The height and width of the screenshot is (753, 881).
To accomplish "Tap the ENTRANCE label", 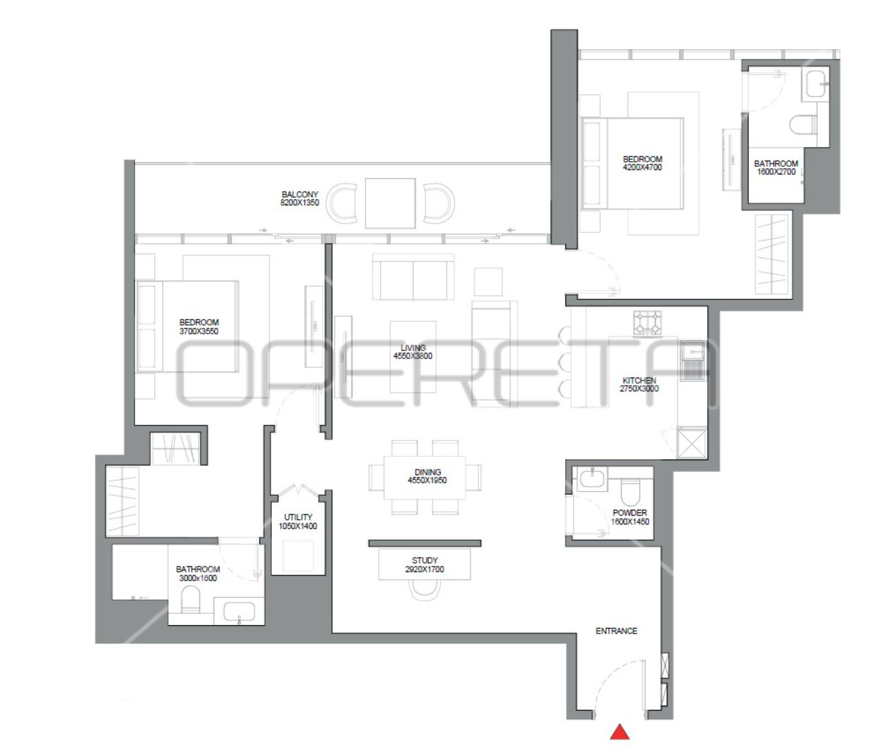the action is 616,631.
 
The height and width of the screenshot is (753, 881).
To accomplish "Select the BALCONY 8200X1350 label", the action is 300,199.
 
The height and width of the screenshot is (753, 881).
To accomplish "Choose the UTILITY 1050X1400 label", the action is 298,522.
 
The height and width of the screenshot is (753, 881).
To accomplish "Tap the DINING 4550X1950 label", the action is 427,476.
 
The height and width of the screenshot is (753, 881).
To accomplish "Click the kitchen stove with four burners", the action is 648,323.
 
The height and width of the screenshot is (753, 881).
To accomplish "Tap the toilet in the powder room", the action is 630,492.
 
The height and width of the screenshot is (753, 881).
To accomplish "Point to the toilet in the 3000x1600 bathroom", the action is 191,599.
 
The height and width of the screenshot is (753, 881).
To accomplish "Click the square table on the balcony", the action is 390,203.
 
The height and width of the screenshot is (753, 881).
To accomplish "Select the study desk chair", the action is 425,590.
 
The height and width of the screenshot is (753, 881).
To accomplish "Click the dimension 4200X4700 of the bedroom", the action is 643,167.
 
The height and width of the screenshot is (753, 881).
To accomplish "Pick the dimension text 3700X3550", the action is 199,331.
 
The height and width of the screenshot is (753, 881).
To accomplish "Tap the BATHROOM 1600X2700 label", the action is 776,167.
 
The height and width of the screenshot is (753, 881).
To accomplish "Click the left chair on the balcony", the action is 342,203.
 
